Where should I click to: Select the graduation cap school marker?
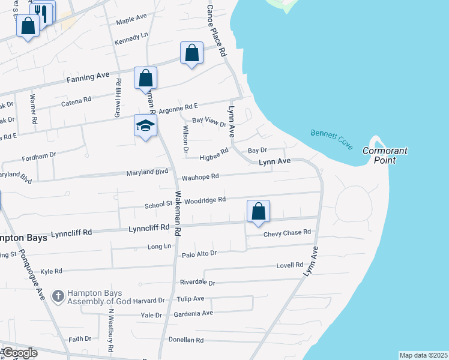pyautogui.click(x=145, y=126)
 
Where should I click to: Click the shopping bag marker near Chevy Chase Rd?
pyautogui.click(x=258, y=212)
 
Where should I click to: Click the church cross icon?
pyautogui.click(x=58, y=295)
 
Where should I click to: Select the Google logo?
pyautogui.click(x=19, y=353)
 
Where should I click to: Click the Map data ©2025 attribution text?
pyautogui.click(x=423, y=355)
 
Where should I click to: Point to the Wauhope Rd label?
pyautogui.click(x=200, y=177)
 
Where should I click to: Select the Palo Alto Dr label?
pyautogui.click(x=199, y=254)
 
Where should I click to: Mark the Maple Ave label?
pyautogui.click(x=131, y=20)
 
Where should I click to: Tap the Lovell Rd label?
pyautogui.click(x=290, y=265)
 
